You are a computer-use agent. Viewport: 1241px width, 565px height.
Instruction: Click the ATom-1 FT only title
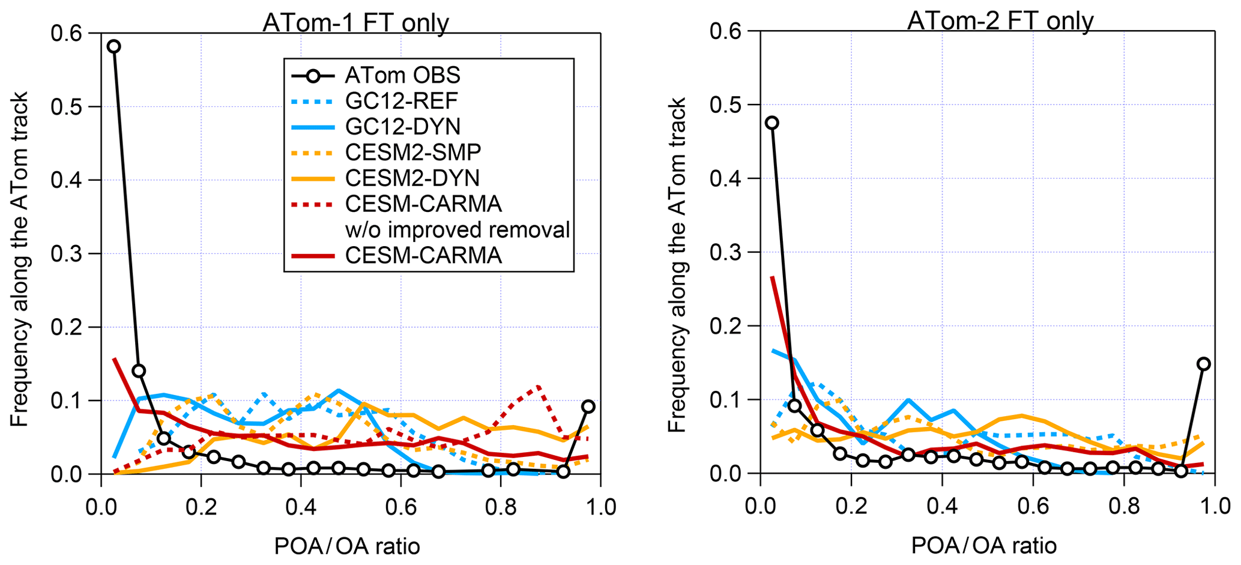[x=355, y=23]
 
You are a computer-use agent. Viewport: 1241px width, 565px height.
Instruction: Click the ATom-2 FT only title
[x=1000, y=20]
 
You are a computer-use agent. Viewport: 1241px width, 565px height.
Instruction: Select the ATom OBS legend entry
[x=402, y=75]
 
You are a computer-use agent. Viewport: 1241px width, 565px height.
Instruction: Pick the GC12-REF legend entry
[x=402, y=101]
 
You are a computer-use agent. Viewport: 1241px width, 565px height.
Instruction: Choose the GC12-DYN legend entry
[x=402, y=127]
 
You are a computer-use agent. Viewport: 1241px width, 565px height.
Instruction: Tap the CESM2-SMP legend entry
[x=412, y=153]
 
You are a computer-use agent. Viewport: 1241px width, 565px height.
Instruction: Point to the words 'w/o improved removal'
[x=457, y=230]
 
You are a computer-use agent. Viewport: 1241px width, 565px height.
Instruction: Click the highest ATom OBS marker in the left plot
[x=113, y=47]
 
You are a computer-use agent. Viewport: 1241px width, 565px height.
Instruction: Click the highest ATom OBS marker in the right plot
[x=772, y=123]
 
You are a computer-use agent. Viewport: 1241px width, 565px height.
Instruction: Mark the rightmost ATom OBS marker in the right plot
[x=1203, y=364]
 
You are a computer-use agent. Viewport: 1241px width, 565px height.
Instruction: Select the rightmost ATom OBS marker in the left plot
[x=588, y=406]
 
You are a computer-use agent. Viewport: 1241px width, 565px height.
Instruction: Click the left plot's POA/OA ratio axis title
[x=347, y=546]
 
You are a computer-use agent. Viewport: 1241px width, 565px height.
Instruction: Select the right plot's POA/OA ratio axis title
[x=984, y=546]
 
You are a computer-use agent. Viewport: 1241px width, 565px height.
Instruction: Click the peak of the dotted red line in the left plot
[x=539, y=387]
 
